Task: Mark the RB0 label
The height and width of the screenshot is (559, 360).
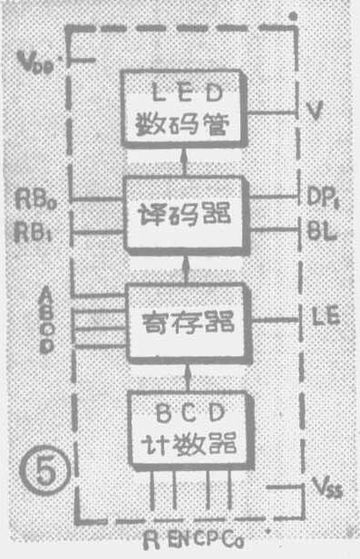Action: click(37, 197)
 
